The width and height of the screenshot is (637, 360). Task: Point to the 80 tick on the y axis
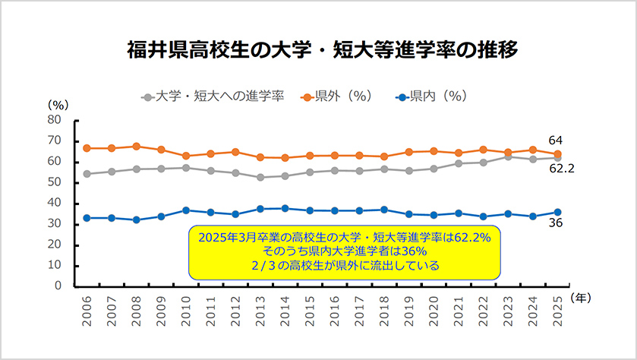pos(54,119)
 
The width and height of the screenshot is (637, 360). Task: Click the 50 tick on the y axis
pos(54,182)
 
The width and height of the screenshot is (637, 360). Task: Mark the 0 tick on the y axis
pos(57,286)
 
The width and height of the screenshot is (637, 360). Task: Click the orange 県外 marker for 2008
pos(137,146)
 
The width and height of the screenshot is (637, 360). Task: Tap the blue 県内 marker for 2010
pos(186,210)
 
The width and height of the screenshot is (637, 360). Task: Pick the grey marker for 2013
pos(260,177)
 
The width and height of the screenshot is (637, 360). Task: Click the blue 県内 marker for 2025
pos(558,212)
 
